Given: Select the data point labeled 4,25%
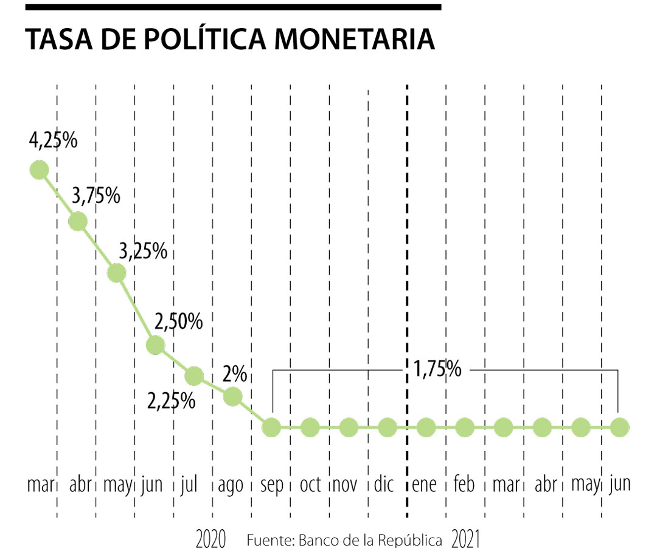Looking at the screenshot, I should coord(39,170).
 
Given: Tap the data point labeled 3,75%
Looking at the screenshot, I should coord(77,222).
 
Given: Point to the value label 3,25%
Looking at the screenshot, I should coord(142,250).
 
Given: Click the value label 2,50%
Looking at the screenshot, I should coord(178,322).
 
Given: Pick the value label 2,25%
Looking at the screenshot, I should coord(172,401).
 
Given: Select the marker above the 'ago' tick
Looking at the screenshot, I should coord(232,397).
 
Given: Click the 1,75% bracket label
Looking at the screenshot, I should coord(437,369).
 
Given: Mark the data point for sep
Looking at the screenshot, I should coord(271,427).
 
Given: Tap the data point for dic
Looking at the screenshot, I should coord(387,427).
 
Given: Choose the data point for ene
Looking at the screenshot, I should coord(426,427).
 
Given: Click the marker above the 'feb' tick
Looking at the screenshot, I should coord(464,427).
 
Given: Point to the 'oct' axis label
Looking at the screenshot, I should coord(310,485).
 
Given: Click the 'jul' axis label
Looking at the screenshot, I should coord(190,485).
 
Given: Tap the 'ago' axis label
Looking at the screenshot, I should coord(230,486).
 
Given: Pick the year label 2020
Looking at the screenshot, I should coord(211,539).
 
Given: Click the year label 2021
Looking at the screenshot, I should coord(467,539).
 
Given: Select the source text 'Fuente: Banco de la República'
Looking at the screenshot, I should coord(344,540).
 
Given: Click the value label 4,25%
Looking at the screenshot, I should coord(53,141).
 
